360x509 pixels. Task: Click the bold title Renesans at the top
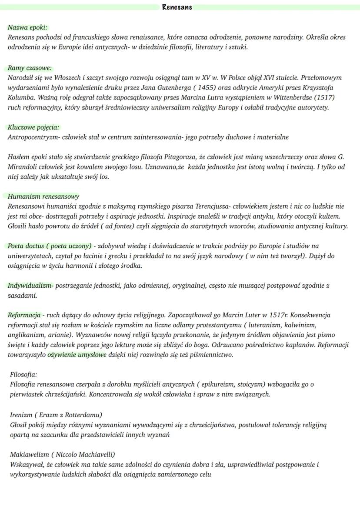point(177,7)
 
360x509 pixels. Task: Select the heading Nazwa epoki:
point(27,27)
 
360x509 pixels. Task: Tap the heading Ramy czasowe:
point(30,68)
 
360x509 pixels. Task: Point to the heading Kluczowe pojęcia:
point(33,127)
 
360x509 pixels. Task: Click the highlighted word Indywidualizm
point(30,286)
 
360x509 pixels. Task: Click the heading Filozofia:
point(23,374)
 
